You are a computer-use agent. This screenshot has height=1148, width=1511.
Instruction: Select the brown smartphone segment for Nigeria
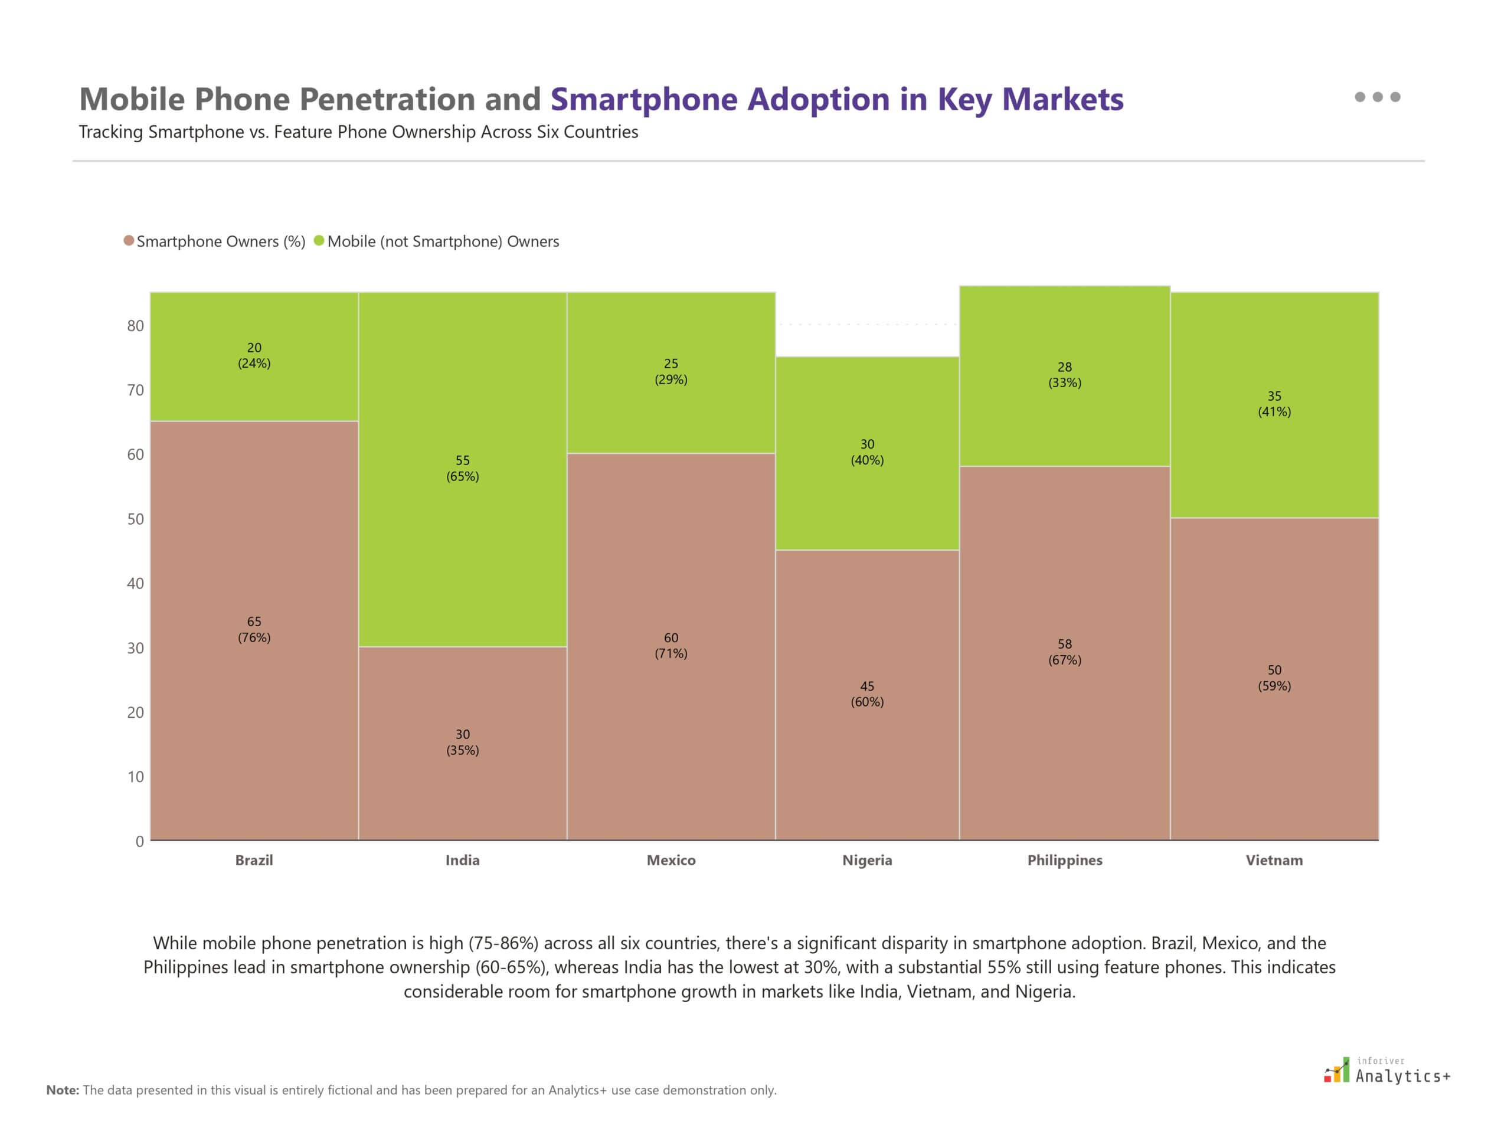coord(866,752)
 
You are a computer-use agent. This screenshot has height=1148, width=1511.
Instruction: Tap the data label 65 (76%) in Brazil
coord(254,629)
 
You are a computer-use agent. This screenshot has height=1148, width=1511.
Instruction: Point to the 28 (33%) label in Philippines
coord(1064,374)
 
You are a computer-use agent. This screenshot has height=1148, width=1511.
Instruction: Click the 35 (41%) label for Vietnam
coord(1274,404)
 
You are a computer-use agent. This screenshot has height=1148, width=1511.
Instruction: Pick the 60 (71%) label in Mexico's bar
coord(671,645)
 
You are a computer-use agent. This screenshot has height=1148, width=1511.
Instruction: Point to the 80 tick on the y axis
coord(135,326)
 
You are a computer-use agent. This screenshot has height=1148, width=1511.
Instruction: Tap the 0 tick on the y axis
coord(139,841)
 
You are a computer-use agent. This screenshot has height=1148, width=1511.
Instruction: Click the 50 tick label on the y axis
coord(135,519)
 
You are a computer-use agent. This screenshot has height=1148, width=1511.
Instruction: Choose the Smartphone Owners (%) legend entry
coord(220,241)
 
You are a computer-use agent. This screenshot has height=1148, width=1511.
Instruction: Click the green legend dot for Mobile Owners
coord(319,241)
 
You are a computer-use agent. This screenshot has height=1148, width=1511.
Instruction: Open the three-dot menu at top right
coord(1377,97)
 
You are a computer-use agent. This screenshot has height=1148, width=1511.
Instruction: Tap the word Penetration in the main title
coord(387,99)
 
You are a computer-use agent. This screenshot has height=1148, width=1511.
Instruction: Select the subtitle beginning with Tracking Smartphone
coord(358,132)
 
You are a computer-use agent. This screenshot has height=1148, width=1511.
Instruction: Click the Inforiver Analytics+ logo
coord(1386,1071)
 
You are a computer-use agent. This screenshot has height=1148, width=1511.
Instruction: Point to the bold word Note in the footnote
coord(62,1090)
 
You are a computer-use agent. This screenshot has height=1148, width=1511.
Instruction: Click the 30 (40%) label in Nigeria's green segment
coord(866,452)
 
